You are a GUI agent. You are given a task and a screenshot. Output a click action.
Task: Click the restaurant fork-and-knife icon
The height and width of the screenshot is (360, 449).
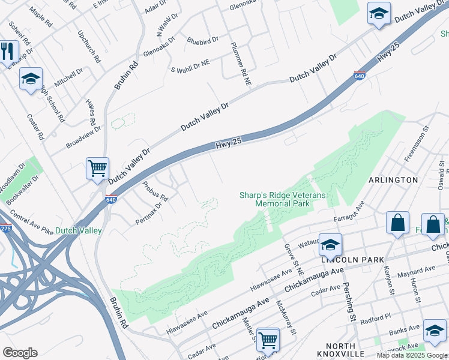pos(8,51)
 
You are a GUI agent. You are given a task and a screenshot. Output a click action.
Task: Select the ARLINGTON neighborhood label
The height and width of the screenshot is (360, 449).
pos(393,179)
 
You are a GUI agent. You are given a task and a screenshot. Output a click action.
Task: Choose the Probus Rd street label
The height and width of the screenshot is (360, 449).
pos(155,190)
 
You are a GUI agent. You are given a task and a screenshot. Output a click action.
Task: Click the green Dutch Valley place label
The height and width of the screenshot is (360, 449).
pos(79,230)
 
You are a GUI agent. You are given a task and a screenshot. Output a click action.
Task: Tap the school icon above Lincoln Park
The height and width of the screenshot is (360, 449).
pos(330,244)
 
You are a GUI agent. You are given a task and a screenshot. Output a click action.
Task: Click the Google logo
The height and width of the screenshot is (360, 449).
pos(20,353)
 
